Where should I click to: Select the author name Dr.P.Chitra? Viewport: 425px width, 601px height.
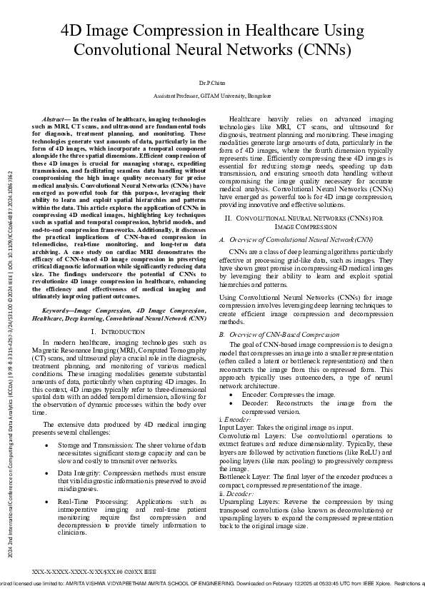[212, 84]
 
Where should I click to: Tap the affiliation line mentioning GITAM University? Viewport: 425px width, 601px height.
[212, 95]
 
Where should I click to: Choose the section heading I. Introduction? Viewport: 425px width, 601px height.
[119, 333]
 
